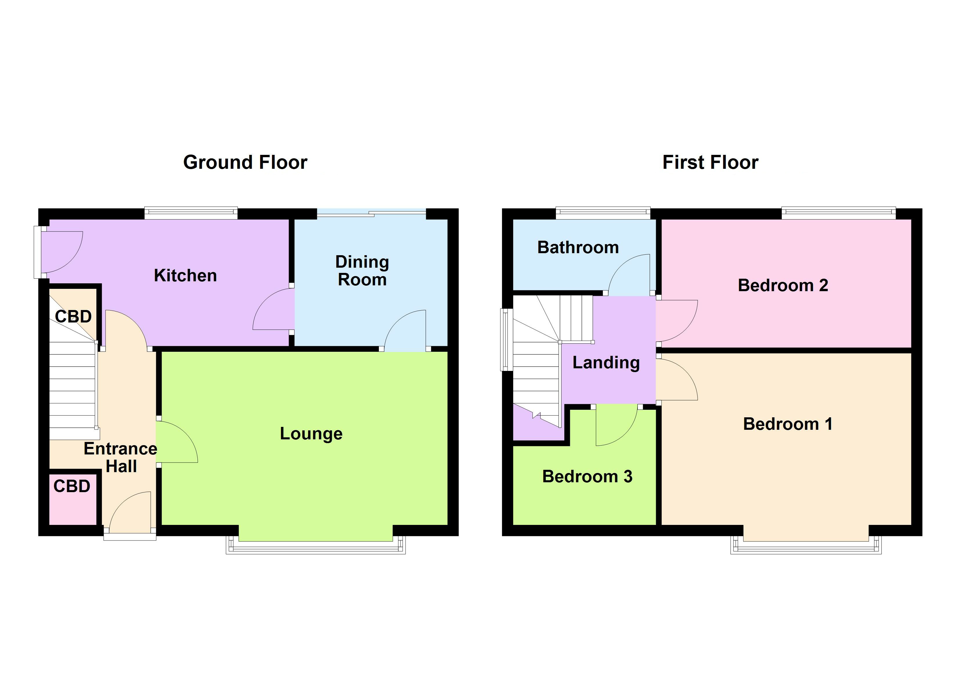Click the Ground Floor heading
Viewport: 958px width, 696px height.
tap(245, 162)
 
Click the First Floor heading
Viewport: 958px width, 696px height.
tap(710, 162)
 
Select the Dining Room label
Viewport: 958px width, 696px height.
tap(362, 271)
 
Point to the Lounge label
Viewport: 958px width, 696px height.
tap(311, 434)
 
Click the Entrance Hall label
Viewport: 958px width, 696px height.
tap(120, 457)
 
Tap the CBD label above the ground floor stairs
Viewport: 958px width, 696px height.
tap(73, 317)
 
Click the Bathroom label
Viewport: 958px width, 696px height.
tap(577, 247)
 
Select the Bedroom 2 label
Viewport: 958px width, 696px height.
tap(782, 285)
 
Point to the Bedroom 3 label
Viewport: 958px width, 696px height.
tap(587, 476)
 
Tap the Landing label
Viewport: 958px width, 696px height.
tap(606, 362)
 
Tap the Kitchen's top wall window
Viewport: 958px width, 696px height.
tap(191, 213)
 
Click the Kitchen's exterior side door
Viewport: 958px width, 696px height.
tap(59, 252)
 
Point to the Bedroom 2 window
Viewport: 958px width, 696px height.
tap(838, 213)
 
